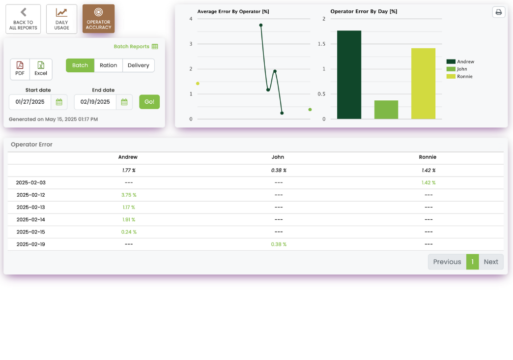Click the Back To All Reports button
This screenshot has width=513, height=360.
(x=23, y=19)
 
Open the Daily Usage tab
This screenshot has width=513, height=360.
(x=61, y=19)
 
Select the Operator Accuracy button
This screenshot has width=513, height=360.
(x=98, y=19)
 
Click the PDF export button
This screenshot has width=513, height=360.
(x=20, y=69)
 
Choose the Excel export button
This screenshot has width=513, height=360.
(x=41, y=69)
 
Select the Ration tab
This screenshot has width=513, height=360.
(x=108, y=65)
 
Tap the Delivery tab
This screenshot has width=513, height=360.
(x=138, y=65)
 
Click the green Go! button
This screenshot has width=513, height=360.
(x=149, y=102)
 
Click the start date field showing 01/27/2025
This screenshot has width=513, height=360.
(x=30, y=102)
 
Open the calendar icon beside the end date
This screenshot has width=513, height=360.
(x=124, y=102)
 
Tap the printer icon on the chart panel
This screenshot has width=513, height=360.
(x=498, y=12)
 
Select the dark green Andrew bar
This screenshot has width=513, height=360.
(x=349, y=74)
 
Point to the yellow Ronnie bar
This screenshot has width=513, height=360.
(x=423, y=83)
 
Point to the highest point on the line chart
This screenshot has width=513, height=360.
(x=260, y=25)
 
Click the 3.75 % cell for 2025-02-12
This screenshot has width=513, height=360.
(x=129, y=195)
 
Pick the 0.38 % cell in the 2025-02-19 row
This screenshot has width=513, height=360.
(x=279, y=244)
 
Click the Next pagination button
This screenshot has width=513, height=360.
(x=490, y=262)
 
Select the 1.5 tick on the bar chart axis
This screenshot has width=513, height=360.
(x=321, y=44)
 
